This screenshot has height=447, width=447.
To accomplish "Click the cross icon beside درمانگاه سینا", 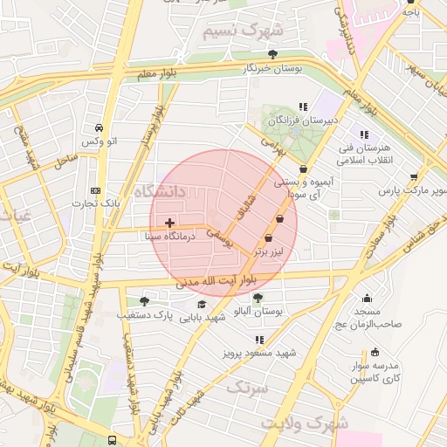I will pos(169,223).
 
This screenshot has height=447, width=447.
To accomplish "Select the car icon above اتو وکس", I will pos(100,127).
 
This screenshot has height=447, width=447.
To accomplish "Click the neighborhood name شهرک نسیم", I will pos(244,32).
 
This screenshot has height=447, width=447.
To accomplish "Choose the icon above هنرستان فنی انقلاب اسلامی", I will pos(364,134).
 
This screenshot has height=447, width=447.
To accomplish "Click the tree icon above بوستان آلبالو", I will pos(257,298).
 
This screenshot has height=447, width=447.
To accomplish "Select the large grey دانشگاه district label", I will pos(162,190).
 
